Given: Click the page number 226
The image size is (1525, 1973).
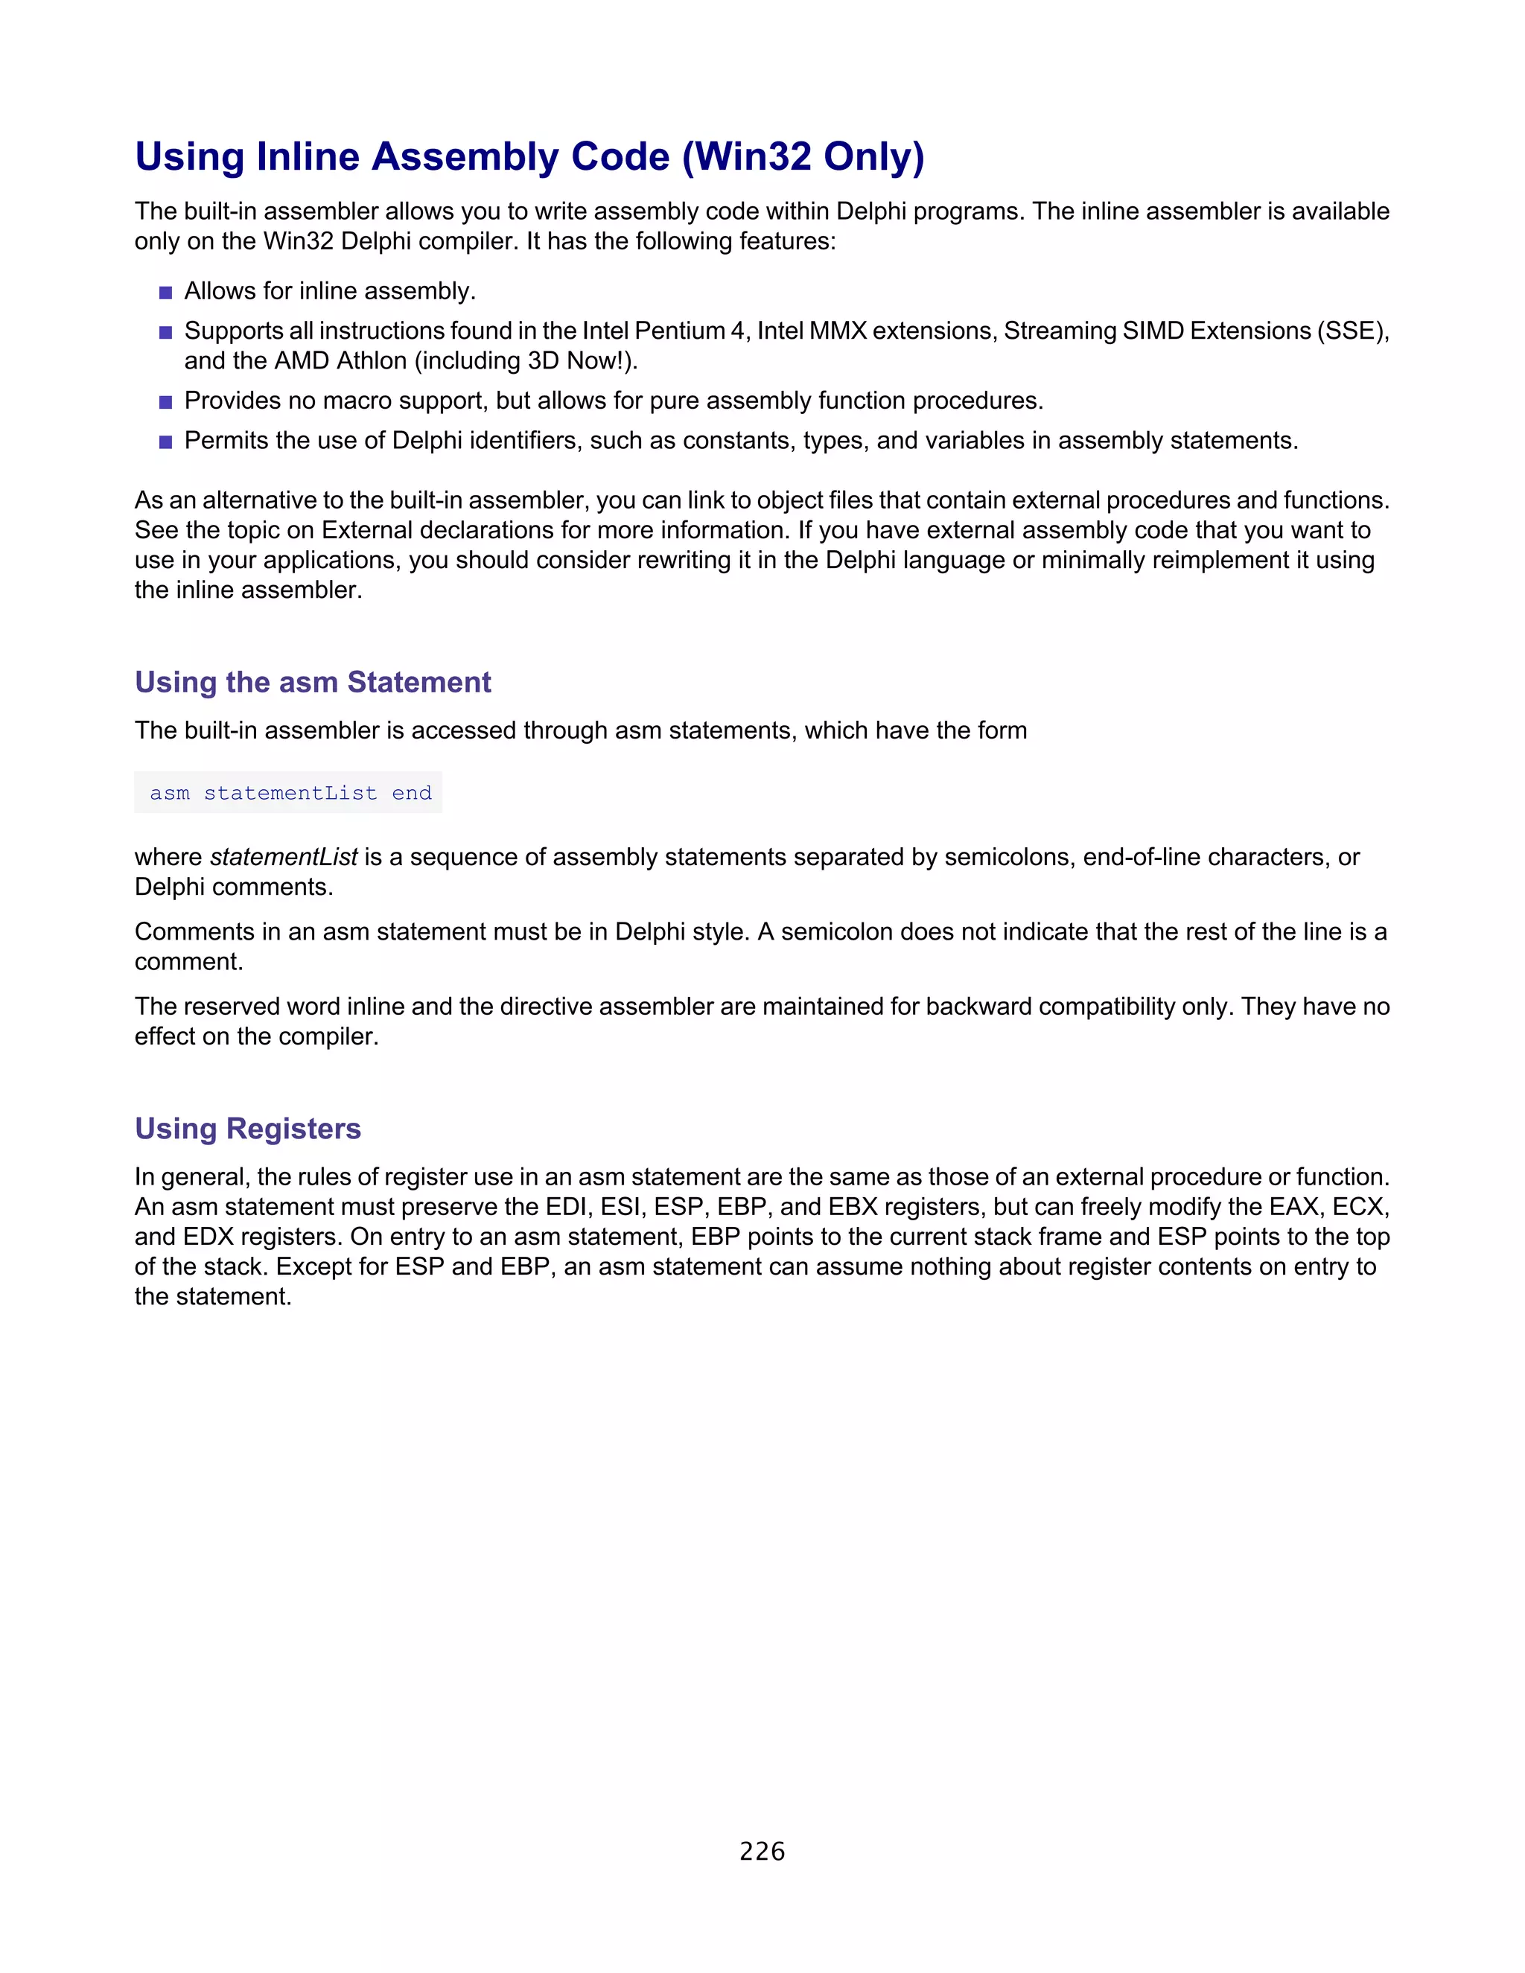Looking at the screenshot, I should coord(762,1851).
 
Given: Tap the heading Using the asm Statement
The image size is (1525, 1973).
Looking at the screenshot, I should coord(313,682).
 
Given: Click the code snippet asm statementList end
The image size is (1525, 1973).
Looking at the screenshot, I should coord(290,793).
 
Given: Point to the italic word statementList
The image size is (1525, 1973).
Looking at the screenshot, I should coord(284,856).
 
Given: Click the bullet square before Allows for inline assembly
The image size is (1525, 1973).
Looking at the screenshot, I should coord(165,293).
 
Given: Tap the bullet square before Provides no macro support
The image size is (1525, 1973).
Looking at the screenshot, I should coord(165,402).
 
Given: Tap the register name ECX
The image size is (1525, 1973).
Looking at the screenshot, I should coord(1358,1207).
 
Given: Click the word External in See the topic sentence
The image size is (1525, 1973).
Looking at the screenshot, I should coord(369,530).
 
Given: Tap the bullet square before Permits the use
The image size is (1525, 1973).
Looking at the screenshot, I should coord(165,442).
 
